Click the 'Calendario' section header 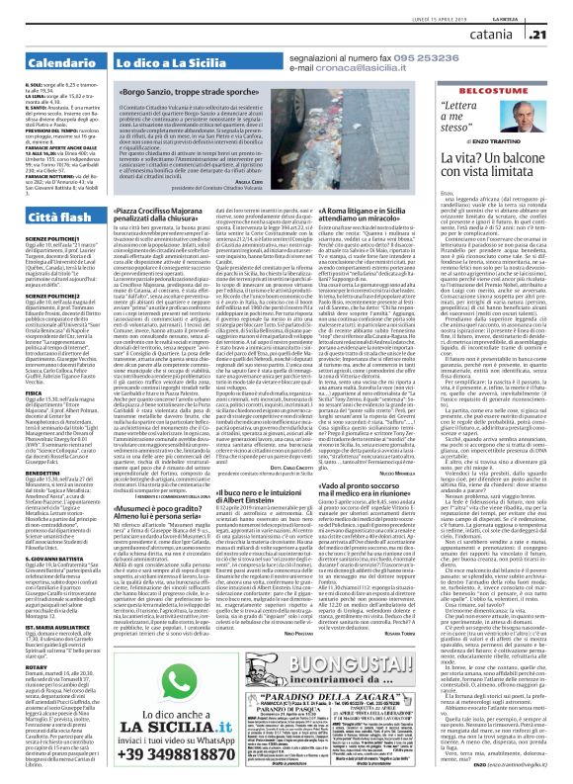pos(45,36)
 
